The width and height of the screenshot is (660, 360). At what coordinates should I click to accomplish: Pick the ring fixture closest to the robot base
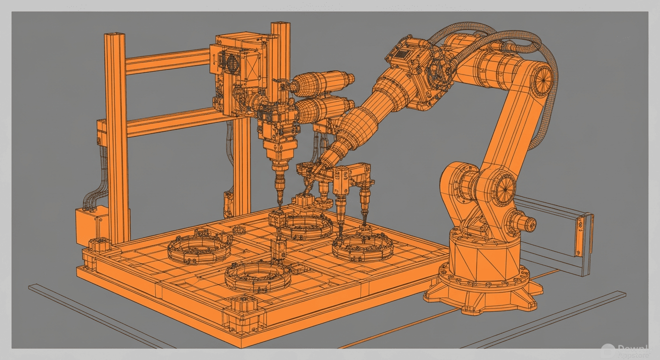[362, 247]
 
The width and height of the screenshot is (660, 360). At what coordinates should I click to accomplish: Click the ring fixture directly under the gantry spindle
[306, 226]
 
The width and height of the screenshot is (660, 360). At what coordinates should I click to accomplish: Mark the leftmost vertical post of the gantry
[116, 136]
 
